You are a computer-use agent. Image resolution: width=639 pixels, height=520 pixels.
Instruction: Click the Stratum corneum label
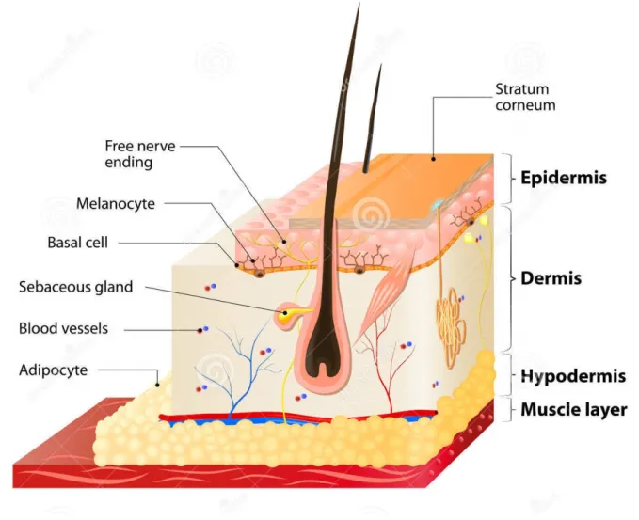coord(525,97)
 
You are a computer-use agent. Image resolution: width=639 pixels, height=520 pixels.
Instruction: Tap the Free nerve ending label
coord(140,154)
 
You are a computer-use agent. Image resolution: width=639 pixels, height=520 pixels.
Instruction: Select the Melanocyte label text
coord(116,203)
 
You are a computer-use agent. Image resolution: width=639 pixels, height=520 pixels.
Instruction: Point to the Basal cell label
coord(78,243)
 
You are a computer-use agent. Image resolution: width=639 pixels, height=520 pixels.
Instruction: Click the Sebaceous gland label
coord(76,287)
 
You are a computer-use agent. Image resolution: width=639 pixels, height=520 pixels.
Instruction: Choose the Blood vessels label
coord(64,328)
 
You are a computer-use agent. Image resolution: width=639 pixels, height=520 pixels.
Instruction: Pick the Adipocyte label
coord(54,370)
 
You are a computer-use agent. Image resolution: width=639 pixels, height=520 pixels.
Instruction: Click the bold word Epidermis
coord(564,178)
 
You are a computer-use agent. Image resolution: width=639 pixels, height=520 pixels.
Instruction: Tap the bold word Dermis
coord(551,278)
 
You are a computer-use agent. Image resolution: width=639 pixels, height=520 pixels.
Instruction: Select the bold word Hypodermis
coord(573,376)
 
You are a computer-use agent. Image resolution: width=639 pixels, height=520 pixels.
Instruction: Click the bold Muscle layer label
coord(574,410)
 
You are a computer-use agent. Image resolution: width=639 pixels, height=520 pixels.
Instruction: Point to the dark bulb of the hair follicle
coord(324,350)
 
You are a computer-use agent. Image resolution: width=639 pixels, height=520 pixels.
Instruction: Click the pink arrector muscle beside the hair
coord(383,297)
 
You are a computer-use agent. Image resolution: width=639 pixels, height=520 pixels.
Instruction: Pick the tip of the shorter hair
coord(381,64)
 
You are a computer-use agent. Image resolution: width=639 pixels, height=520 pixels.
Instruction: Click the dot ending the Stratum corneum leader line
coord(434,159)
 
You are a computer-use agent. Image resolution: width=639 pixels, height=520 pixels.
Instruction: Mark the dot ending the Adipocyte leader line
coord(157,385)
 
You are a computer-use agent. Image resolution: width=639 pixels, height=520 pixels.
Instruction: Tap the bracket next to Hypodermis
coord(508,374)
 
